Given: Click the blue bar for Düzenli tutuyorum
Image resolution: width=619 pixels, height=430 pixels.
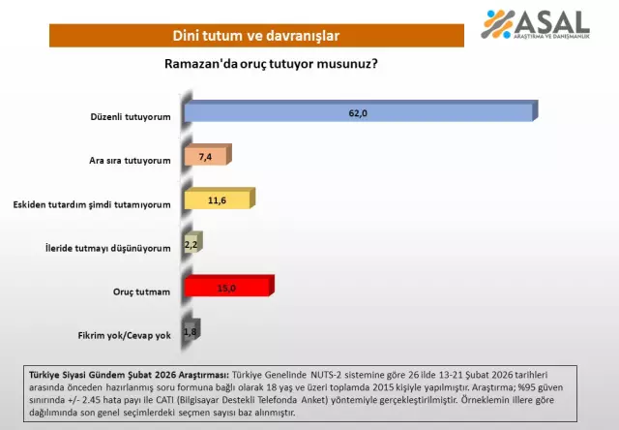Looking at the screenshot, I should click(358, 113).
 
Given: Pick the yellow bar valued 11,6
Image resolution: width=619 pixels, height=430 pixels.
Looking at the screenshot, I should click(218, 200).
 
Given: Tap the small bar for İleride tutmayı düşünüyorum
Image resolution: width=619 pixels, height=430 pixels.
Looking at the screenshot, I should click(191, 244).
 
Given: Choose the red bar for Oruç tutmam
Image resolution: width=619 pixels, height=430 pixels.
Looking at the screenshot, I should click(226, 288).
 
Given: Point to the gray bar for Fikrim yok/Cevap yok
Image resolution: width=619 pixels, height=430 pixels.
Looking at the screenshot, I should click(190, 331).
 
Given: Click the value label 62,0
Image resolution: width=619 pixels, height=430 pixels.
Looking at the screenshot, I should click(358, 113).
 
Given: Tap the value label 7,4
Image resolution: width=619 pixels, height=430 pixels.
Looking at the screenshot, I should click(203, 157).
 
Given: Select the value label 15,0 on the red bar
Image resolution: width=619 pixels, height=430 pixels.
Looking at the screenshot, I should click(225, 288).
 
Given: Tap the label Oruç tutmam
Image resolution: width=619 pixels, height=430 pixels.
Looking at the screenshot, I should click(142, 292).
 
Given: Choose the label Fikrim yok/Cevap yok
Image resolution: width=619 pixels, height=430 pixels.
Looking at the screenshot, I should click(124, 335).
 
